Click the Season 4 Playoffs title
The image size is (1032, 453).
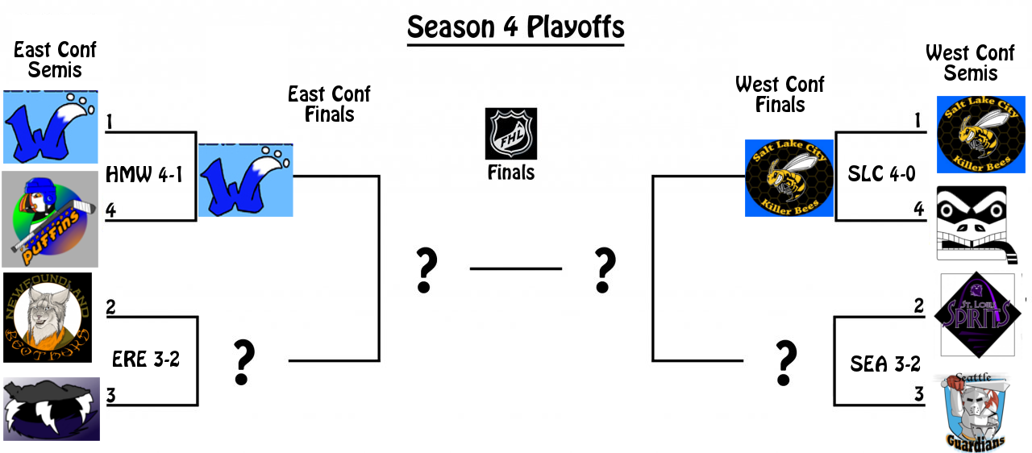515,27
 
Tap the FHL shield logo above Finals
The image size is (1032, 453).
510,134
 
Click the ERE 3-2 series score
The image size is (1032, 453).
146,359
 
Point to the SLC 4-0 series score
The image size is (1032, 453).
881,174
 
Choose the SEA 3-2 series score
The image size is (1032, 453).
885,364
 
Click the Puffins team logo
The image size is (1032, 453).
50,218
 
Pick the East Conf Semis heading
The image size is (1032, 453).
55,60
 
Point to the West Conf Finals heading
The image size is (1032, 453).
780,94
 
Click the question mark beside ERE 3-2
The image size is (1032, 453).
243,362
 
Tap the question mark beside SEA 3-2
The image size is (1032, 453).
785,363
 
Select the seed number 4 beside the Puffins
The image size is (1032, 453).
110,210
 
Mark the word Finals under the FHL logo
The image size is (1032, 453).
510,172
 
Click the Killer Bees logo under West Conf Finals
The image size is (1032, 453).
789,178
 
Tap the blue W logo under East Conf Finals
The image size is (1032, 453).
245,181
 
